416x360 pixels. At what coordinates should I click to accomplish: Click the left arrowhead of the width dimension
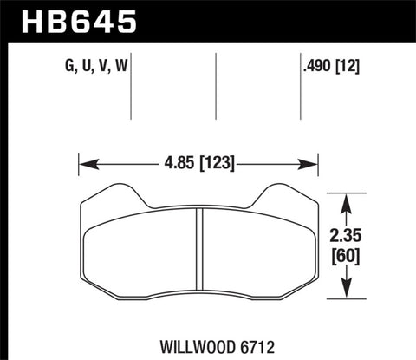tap(83, 162)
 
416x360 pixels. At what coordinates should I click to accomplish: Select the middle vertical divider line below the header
tap(215, 87)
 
